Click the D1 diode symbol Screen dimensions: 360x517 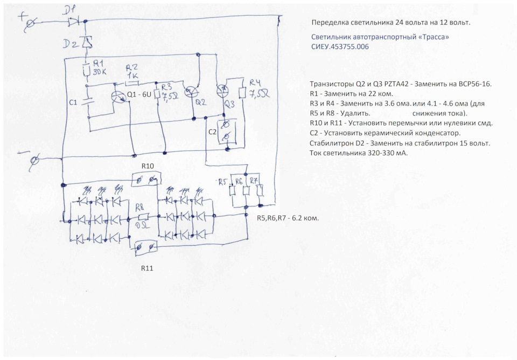pyautogui.click(x=74, y=22)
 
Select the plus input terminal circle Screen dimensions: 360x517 pyautogui.click(x=31, y=22)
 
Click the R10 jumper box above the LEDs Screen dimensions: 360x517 pyautogui.click(x=146, y=178)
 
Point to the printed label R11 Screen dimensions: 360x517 pyautogui.click(x=148, y=267)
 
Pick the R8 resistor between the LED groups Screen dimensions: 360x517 pyautogui.click(x=143, y=217)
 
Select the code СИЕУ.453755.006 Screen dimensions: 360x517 pyautogui.click(x=340, y=47)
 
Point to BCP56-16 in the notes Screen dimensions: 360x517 pyautogui.click(x=473, y=85)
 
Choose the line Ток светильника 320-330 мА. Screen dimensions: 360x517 pyautogui.click(x=359, y=153)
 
